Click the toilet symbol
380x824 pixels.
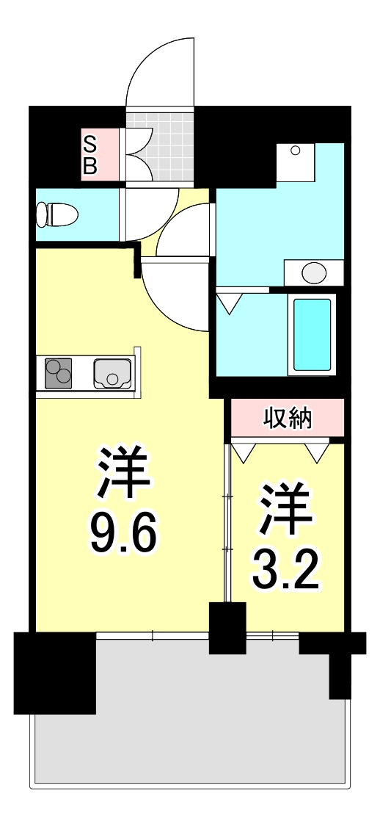click(56, 215)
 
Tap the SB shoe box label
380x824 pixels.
click(91, 154)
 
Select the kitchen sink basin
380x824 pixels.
click(112, 374)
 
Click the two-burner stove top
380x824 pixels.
click(58, 373)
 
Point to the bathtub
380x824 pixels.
click(313, 335)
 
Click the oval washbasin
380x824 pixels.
click(314, 273)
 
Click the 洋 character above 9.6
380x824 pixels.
click(125, 472)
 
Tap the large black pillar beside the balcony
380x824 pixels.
click(54, 673)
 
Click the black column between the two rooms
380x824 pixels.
click(227, 628)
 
